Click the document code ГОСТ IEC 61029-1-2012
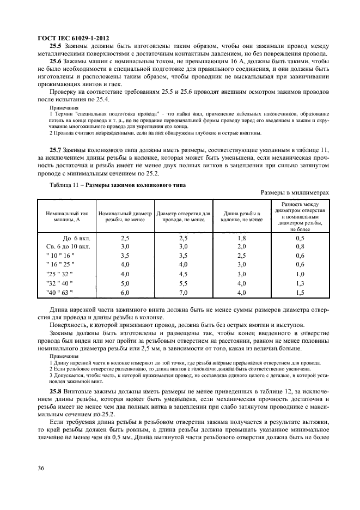click(x=73, y=38)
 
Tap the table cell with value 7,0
click(x=183, y=293)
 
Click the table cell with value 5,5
click(x=183, y=283)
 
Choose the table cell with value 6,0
click(x=125, y=293)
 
